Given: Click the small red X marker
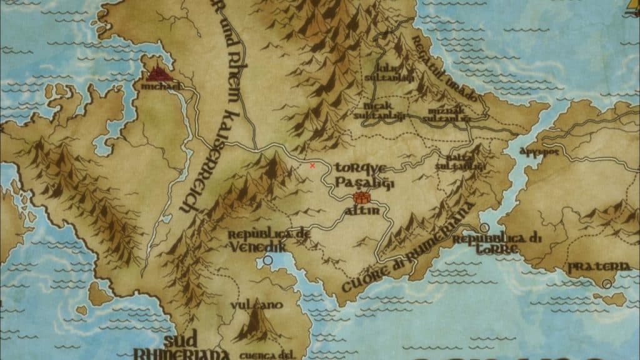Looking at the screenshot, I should (312, 166).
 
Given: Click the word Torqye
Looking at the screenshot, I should (361, 168).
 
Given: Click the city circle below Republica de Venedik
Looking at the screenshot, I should (269, 259).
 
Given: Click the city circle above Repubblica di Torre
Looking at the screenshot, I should (484, 227).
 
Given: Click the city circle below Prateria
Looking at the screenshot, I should (607, 284).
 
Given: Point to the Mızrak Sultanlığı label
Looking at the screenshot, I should (445, 112).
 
